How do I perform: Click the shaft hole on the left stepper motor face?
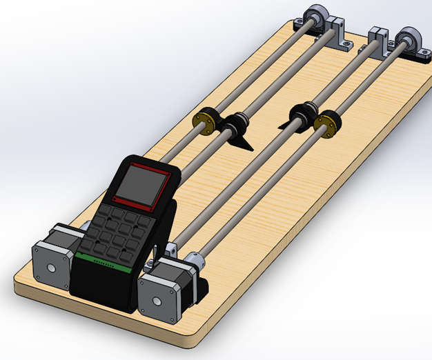click(x=50, y=268)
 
